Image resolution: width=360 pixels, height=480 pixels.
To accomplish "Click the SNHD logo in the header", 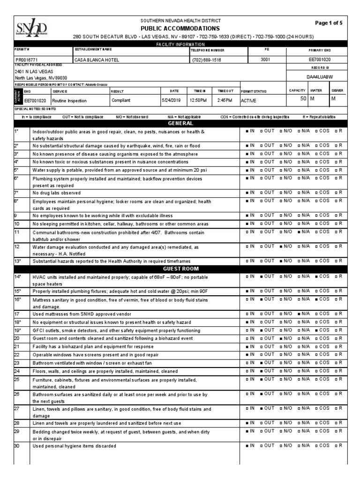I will (31, 28).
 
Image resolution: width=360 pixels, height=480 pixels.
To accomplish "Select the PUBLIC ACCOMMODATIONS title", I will (180, 28).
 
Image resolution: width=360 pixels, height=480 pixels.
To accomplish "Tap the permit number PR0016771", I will (29, 60).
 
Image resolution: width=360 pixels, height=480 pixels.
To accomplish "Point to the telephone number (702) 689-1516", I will (206, 60).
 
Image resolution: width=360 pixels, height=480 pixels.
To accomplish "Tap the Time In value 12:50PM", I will (198, 100).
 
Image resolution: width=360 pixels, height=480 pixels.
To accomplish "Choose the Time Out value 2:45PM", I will (225, 100).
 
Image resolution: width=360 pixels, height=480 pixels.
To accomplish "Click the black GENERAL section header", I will (180, 123).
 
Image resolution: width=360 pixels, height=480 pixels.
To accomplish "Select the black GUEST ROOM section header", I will (180, 269).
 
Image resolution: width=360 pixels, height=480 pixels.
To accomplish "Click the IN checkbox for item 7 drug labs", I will (247, 193).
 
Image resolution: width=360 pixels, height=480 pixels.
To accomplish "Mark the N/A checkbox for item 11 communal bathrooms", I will (299, 231).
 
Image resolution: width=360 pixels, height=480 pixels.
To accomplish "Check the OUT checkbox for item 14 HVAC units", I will (261, 276).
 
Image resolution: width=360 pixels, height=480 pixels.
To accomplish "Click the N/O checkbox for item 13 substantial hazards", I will (280, 260).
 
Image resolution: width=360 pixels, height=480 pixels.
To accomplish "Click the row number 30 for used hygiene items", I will (17, 446).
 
